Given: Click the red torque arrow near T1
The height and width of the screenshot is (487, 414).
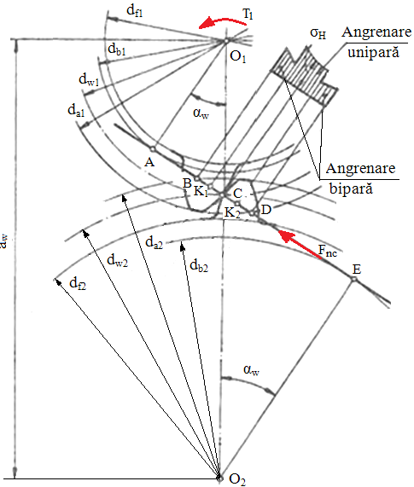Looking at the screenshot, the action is coord(222,21).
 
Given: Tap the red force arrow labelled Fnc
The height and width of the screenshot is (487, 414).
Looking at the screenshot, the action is coord(299,244).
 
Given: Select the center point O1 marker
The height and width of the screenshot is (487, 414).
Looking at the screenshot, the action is coord(226,40).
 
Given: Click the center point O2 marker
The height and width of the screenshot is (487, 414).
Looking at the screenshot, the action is coord(219,478).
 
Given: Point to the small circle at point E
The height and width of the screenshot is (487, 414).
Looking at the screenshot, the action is coord(353,280).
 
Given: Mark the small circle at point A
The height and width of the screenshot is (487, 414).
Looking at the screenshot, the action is coord(152,148).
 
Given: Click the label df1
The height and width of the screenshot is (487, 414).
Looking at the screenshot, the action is coord(135,10).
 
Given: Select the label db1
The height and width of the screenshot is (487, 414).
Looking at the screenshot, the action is coord(117,49).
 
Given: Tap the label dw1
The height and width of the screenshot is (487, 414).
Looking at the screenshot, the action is coord(89,79).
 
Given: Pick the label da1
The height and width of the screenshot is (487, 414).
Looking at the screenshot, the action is coord(76,110).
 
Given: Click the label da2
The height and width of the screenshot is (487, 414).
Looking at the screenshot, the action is coord(155,242).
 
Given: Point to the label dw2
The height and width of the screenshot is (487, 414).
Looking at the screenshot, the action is coord(117,260).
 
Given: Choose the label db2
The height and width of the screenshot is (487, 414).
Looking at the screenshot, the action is coord(199,266).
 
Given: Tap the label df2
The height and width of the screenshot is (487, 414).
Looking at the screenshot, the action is coord(78,283).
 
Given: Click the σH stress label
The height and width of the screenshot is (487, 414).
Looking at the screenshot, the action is coord(318,33).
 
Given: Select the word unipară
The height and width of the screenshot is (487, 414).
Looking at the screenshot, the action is coord(373,51).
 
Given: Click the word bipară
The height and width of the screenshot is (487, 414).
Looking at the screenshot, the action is coord(351,188).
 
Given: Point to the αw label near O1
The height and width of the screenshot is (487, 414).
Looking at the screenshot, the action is coord(201,113).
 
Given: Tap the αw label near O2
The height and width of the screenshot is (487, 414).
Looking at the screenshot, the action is coord(252,370).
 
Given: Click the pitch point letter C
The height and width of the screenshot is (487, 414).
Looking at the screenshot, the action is coord(238,194).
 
